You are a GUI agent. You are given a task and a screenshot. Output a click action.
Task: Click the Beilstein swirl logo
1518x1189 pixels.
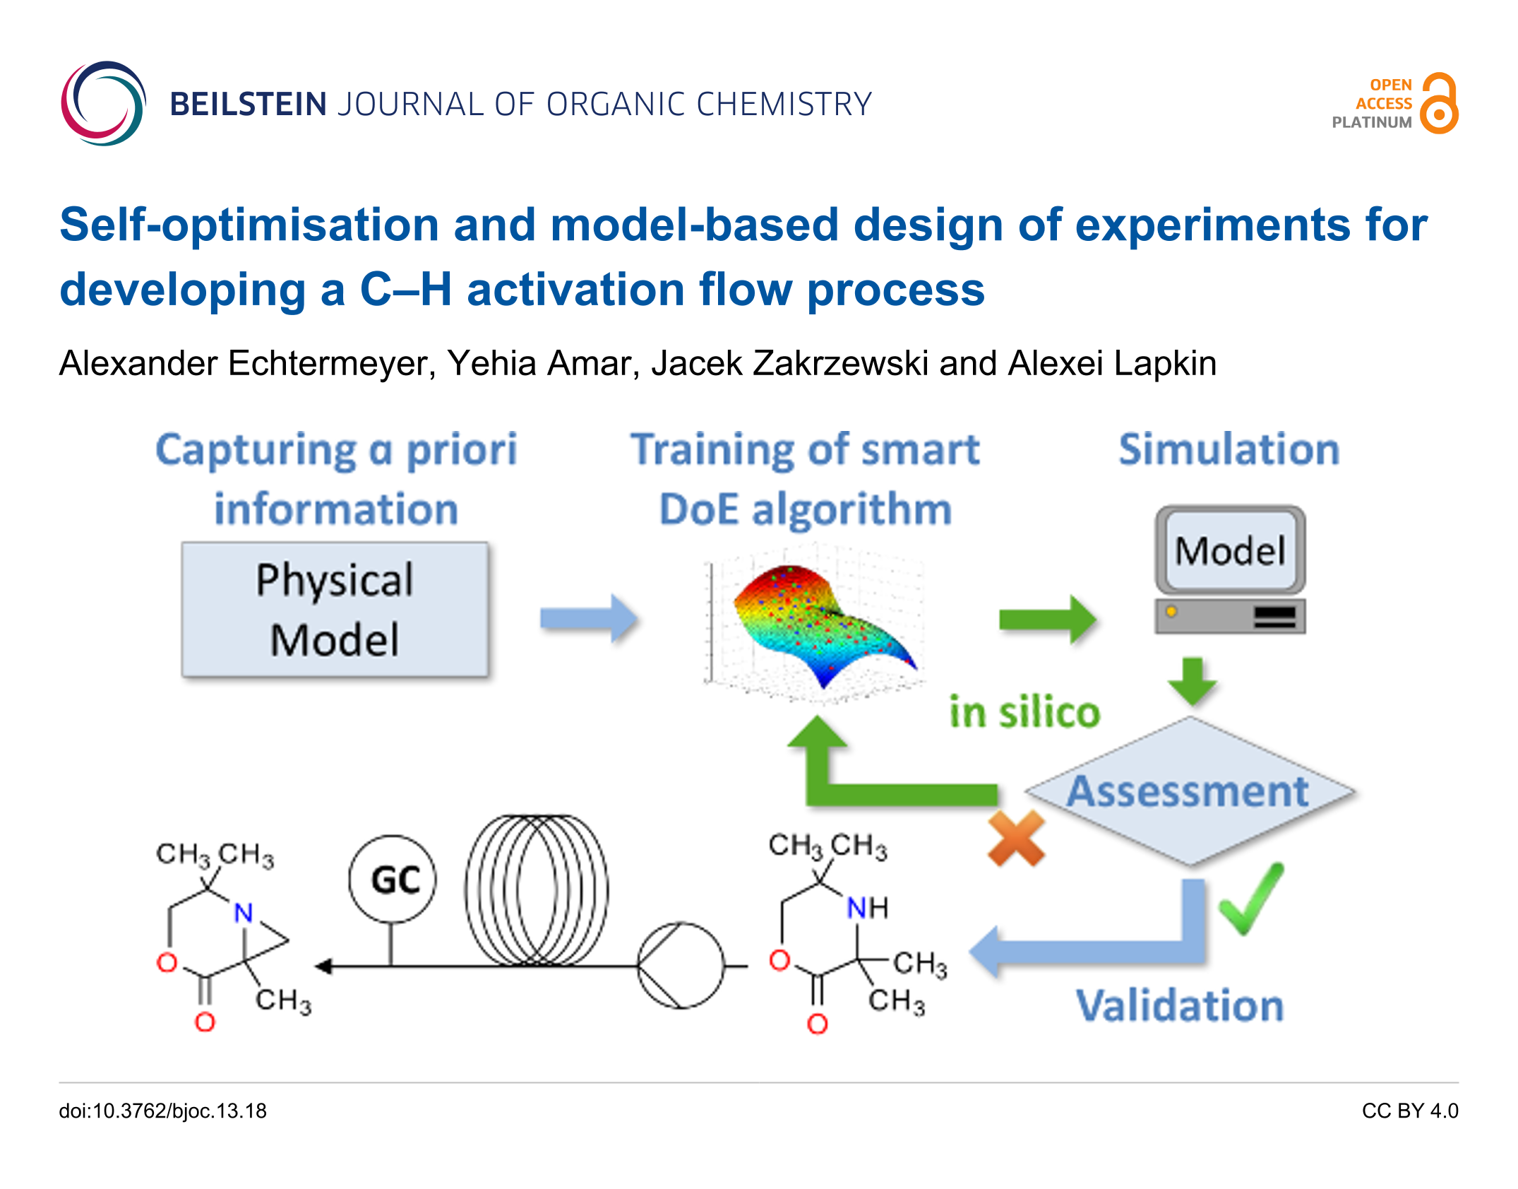103,103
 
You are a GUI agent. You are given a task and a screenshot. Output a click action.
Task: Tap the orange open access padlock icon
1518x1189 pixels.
1440,103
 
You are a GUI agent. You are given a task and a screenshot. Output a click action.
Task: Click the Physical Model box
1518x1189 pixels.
335,610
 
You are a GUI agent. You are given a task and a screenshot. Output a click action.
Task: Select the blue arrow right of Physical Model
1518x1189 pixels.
589,619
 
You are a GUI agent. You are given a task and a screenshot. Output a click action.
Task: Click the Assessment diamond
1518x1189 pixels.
1190,791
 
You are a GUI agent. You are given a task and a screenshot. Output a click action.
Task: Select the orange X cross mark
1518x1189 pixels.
1016,839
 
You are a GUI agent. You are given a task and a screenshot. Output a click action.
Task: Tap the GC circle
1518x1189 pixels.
393,880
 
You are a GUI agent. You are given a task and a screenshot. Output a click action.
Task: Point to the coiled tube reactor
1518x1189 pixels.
537,890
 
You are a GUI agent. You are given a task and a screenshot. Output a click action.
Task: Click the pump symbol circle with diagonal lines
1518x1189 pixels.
681,965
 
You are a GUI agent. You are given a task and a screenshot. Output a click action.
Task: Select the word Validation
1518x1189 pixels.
1180,1005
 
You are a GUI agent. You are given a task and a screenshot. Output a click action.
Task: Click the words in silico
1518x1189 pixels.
1025,711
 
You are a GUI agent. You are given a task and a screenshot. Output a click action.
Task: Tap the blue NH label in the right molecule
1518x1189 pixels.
868,908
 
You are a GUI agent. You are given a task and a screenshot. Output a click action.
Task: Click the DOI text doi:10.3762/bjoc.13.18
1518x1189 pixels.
163,1111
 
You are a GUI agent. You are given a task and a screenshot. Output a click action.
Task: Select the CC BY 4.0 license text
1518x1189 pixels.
1410,1111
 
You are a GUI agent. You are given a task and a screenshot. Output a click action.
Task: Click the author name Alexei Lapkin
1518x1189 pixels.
1112,364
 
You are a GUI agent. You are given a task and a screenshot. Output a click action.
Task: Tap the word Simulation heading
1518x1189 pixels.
1229,449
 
